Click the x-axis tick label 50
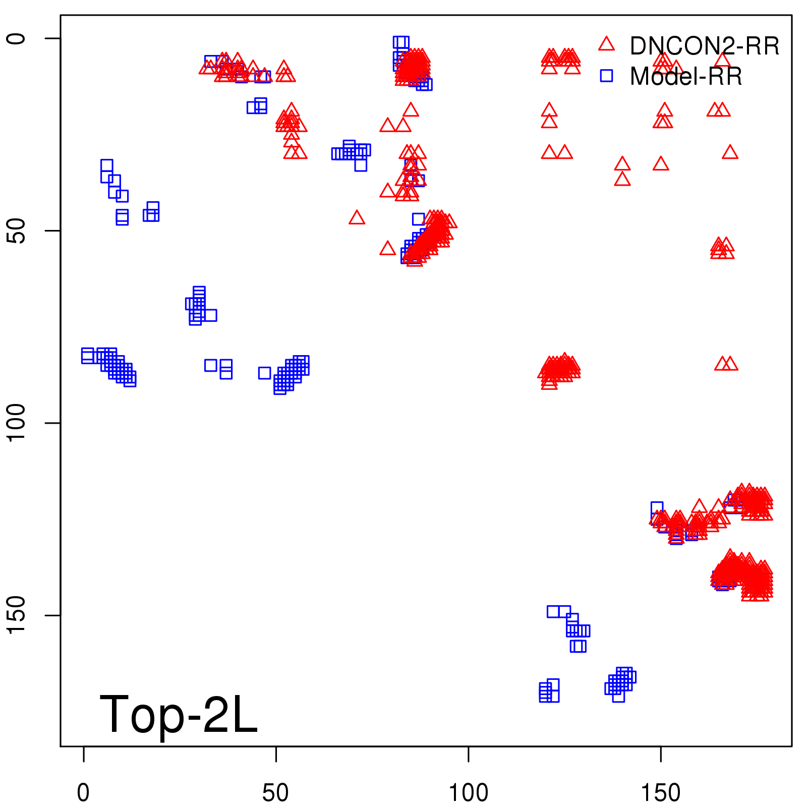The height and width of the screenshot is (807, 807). point(275,793)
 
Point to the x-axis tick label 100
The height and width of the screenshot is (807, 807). point(468,793)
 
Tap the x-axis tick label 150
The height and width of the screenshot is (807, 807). point(660,793)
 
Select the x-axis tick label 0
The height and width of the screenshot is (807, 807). point(83,793)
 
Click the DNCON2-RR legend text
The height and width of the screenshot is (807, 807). point(705,46)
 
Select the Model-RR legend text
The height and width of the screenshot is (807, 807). point(686,77)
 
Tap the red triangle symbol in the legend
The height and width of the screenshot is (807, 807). point(606,44)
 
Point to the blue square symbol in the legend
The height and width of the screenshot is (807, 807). point(606,76)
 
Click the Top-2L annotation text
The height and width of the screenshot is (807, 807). point(179,714)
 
